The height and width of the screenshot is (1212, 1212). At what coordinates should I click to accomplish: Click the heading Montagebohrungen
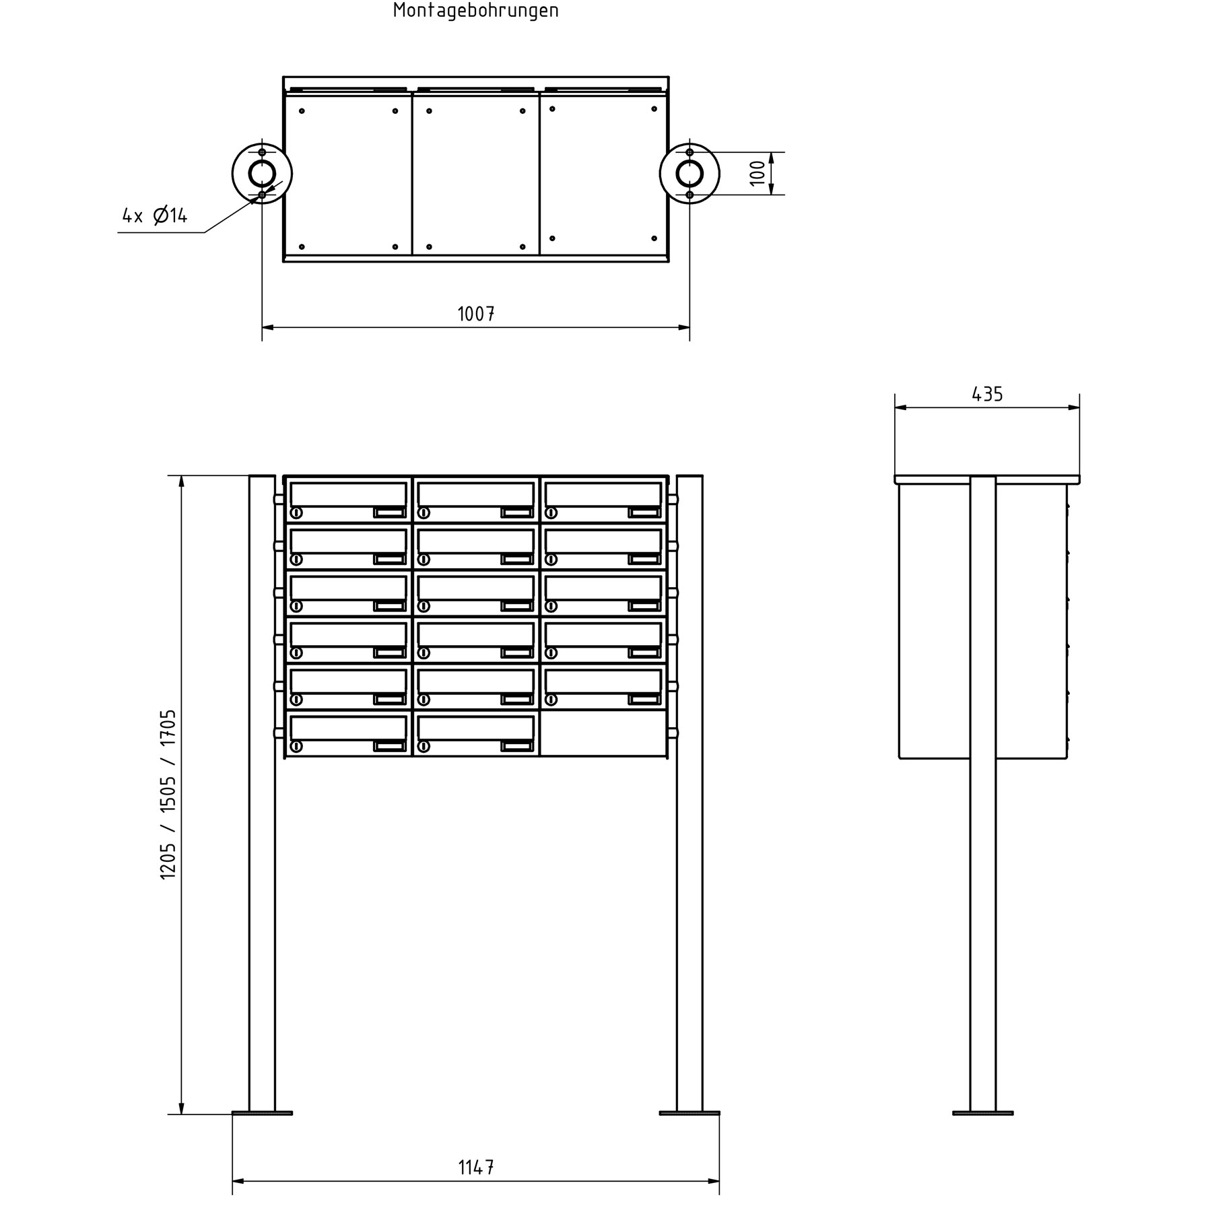pos(475,11)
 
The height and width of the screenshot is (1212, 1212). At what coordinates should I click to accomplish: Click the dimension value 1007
pos(476,314)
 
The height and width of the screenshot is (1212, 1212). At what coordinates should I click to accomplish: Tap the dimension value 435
pos(987,394)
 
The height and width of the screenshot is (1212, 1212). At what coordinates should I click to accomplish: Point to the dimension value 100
pos(757,173)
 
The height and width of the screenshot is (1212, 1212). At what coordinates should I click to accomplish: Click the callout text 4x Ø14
pos(155,215)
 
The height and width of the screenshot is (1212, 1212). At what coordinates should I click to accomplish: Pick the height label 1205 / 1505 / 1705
pos(168,794)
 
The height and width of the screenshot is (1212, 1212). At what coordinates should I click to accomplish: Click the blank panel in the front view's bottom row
pos(603,733)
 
